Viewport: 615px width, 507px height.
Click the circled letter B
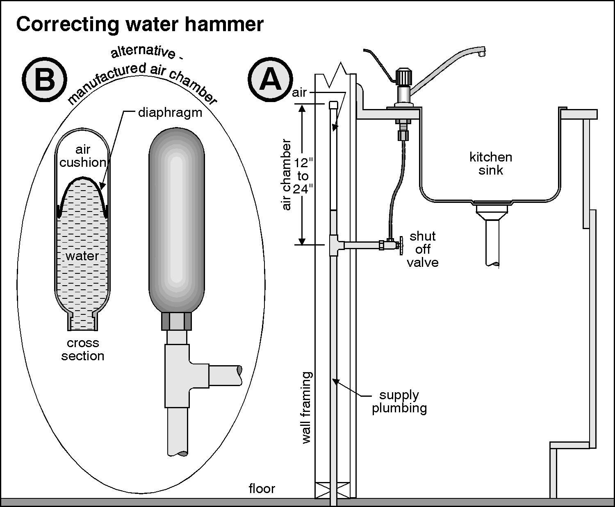[44, 80]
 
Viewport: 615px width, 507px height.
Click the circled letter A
[271, 79]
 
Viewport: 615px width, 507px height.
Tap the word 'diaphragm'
[170, 113]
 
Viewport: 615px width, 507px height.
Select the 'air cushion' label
[83, 156]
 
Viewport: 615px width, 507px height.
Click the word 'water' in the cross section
[82, 256]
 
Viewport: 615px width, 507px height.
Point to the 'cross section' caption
[83, 349]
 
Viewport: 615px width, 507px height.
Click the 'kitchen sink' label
[490, 163]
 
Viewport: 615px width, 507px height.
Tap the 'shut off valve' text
[423, 249]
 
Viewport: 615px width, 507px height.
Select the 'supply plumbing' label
[399, 402]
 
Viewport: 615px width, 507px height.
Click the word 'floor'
[262, 489]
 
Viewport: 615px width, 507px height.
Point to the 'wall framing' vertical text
[307, 407]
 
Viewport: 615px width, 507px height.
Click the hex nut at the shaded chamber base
[177, 321]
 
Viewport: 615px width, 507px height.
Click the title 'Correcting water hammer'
[139, 25]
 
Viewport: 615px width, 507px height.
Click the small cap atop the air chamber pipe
[333, 105]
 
